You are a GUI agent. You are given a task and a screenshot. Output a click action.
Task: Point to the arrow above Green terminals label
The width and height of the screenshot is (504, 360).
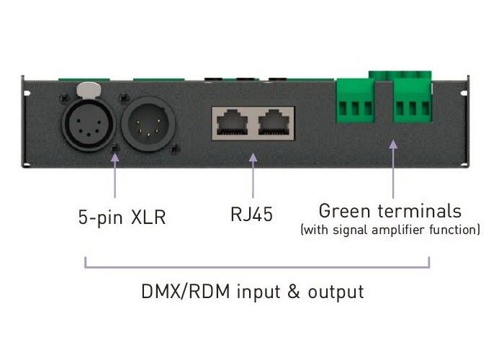(393, 169)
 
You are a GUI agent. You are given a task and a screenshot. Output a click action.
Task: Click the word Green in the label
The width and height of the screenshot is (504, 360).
(343, 212)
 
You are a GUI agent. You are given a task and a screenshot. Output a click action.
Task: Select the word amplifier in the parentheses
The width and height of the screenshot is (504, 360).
(415, 230)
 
